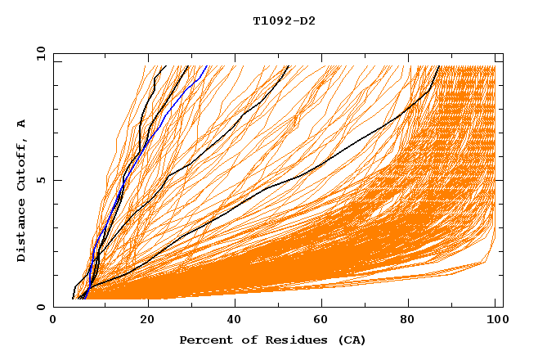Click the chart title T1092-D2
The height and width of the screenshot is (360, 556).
pyautogui.click(x=284, y=21)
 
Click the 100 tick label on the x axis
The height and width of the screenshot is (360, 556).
pyautogui.click(x=495, y=322)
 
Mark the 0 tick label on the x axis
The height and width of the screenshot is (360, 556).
pyautogui.click(x=53, y=322)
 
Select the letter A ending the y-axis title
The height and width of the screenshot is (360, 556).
pyautogui.click(x=22, y=123)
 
